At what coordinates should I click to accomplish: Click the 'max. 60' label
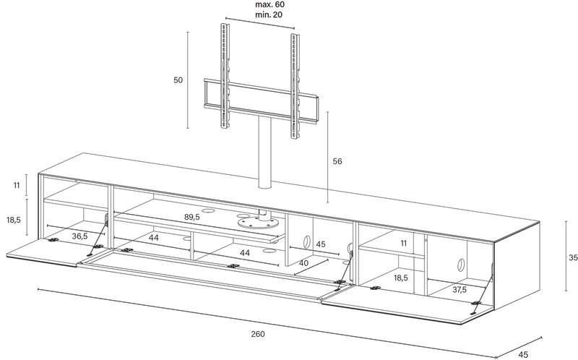pos(270,5)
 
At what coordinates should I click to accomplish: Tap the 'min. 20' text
pos(270,14)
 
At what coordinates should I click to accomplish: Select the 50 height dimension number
pos(178,80)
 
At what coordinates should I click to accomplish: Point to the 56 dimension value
pos(337,161)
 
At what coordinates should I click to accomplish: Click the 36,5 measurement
pos(79,236)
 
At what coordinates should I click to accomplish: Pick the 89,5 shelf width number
pos(192,218)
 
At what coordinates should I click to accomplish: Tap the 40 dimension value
pos(303,263)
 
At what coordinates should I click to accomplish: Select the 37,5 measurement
pos(460,290)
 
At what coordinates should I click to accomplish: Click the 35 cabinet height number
pos(573,257)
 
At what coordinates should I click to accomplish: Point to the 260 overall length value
pos(258,334)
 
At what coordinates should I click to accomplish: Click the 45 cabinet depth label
pos(522,355)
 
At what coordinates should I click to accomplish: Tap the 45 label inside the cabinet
pos(321,244)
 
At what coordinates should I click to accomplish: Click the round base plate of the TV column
pos(257,223)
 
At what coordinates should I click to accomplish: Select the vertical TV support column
pos(264,154)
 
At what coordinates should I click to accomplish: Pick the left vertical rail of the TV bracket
pos(225,77)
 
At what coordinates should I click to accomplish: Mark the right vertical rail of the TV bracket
pos(295,86)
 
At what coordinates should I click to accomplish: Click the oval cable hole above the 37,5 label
pos(460,265)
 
